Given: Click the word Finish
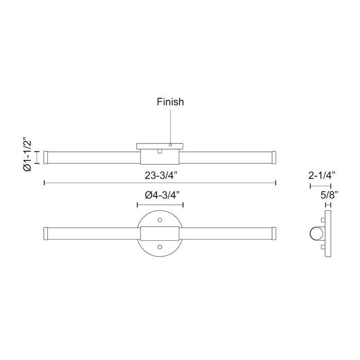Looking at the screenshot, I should pos(170,102).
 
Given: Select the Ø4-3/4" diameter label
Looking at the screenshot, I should pos(160,195).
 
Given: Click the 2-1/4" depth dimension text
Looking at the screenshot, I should pos(322,175).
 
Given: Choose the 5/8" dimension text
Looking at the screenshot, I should pos(327,194).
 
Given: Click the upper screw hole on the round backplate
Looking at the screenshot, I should pos(160,220).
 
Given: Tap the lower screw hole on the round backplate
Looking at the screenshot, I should pos(160,247).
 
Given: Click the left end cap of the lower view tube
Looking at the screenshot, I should pos(46,234).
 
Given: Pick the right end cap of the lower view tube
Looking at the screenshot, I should pos(274,234).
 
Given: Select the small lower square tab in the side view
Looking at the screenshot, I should pos(322,247).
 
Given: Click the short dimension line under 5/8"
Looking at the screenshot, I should pos(328,204).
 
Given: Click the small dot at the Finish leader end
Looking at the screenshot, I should pos(170,146).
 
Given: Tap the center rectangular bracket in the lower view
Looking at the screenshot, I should pos(160,234).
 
